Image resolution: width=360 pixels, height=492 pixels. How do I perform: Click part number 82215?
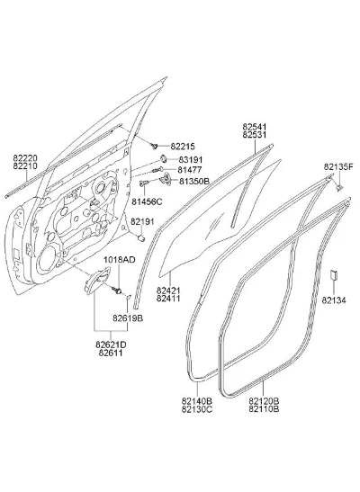point(183,147)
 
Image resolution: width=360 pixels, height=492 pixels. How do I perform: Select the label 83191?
point(191,160)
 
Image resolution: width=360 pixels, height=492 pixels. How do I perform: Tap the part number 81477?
point(190,170)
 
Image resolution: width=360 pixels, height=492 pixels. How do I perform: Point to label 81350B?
point(194,181)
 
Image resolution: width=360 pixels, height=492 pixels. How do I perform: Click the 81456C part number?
point(147,201)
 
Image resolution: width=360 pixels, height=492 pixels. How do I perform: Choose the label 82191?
point(142,221)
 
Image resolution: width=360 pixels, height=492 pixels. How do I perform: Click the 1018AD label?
point(120,260)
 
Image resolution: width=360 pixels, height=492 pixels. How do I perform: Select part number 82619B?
point(128,318)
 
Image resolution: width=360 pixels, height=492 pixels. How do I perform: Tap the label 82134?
point(334,300)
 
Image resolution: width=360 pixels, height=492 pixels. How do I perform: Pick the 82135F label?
point(338,167)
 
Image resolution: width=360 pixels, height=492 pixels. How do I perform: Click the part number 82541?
point(254,127)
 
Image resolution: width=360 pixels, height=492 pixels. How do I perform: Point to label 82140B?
point(197,401)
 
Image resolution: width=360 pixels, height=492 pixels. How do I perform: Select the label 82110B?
point(264,409)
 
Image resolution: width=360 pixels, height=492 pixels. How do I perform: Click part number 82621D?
point(111,344)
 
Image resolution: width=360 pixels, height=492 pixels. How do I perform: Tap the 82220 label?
point(25,158)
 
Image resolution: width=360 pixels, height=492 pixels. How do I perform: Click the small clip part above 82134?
point(333,274)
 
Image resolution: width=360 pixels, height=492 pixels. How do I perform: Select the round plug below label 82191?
point(141,237)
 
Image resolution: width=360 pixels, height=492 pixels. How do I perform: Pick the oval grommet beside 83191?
point(164,159)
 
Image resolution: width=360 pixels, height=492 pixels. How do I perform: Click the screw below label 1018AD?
point(117,290)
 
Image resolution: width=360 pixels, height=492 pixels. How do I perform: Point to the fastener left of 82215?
point(154,146)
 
